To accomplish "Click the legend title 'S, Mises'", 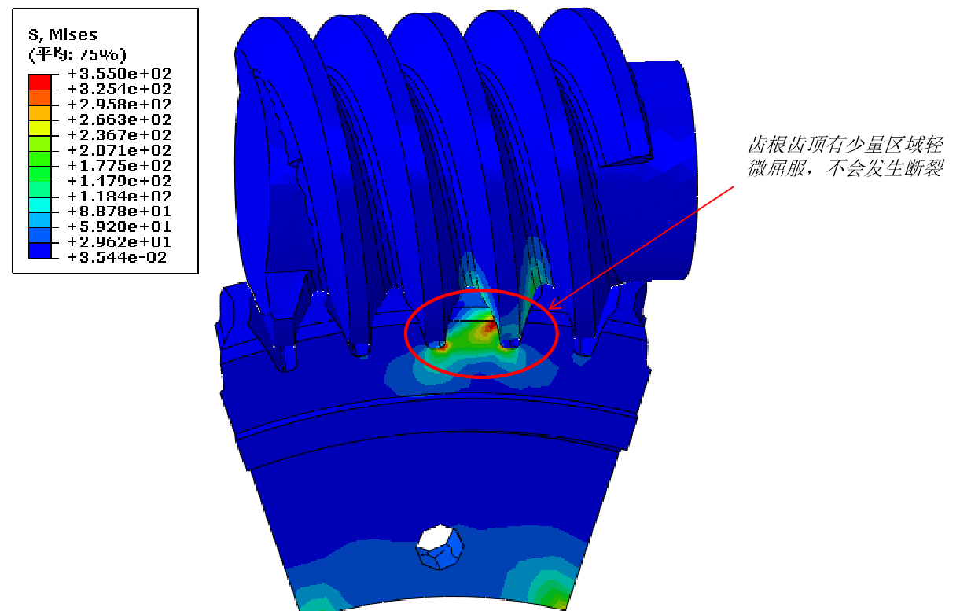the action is [x=63, y=35].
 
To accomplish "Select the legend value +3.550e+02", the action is [x=120, y=74].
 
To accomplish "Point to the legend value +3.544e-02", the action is [x=117, y=257].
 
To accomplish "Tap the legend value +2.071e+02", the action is [x=120, y=150].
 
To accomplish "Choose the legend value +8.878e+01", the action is [x=120, y=212].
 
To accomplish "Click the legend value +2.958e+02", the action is [x=120, y=104].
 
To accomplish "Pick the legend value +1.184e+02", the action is [x=120, y=196].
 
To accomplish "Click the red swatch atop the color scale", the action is [x=40, y=83].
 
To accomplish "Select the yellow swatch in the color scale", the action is [x=40, y=128].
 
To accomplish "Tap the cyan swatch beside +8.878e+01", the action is [x=40, y=204].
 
